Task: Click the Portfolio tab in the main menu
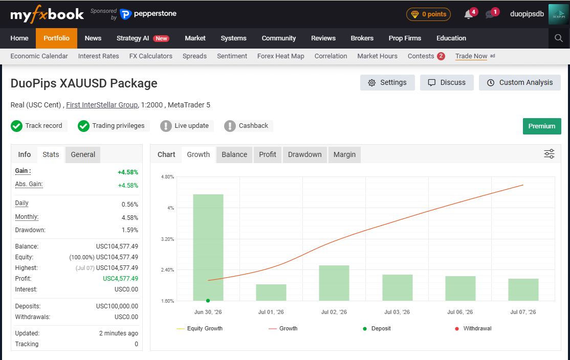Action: (56, 38)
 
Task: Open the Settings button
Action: (387, 82)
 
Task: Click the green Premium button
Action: (542, 126)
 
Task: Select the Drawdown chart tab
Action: (304, 155)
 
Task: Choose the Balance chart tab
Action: (234, 155)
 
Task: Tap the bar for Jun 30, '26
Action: (208, 247)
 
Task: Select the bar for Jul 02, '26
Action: (334, 283)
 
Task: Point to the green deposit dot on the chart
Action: (208, 301)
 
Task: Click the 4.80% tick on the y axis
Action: (168, 177)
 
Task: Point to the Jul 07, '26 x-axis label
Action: (523, 312)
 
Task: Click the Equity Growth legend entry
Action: (200, 328)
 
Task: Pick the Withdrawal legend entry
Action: (473, 328)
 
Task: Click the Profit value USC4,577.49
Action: (120, 279)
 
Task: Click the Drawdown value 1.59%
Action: (130, 230)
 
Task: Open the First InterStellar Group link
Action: (102, 105)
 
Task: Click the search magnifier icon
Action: (559, 38)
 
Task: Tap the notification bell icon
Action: (468, 14)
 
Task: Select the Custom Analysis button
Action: (520, 82)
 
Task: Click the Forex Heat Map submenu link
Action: (280, 56)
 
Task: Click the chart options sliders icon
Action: (549, 153)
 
